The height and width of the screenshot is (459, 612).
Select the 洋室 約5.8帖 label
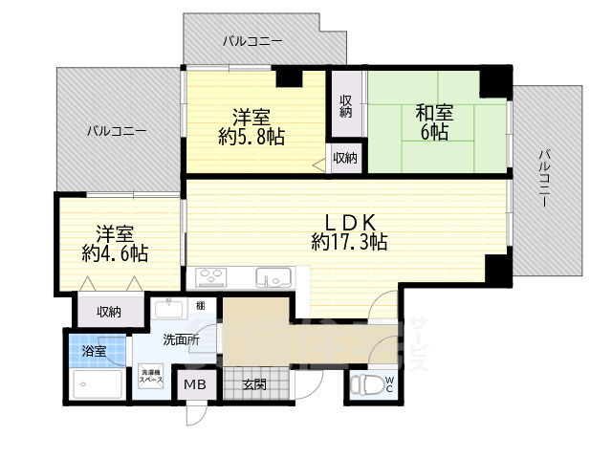[x=251, y=127]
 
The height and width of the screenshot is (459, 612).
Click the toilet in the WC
[x=365, y=386]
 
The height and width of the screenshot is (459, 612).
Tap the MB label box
[x=195, y=386]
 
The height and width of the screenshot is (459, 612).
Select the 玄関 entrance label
[x=253, y=385]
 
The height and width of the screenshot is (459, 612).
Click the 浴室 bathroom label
[x=94, y=352]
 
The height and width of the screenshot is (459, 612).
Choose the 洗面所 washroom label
[x=180, y=339]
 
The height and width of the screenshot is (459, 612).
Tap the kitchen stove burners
[x=210, y=278]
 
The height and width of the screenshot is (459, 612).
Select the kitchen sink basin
[x=273, y=278]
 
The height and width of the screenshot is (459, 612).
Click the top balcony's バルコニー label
[x=251, y=41]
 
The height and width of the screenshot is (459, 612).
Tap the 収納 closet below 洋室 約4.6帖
[x=108, y=312]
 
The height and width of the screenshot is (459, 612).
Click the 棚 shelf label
[x=200, y=306]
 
